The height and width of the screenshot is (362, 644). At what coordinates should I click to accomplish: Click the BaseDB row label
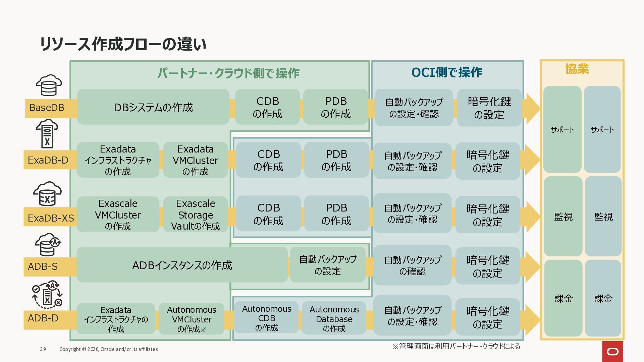pyautogui.click(x=47, y=108)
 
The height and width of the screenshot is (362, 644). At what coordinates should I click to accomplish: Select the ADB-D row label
pyautogui.click(x=43, y=318)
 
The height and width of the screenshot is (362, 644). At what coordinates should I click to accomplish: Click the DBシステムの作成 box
pyautogui.click(x=153, y=107)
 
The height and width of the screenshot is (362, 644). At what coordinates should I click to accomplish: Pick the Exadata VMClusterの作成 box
pyautogui.click(x=196, y=160)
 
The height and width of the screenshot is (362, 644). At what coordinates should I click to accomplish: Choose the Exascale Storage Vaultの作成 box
pyautogui.click(x=196, y=215)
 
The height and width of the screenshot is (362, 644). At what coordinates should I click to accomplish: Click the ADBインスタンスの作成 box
pyautogui.click(x=182, y=265)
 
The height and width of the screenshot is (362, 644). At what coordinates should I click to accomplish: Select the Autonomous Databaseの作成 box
pyautogui.click(x=334, y=318)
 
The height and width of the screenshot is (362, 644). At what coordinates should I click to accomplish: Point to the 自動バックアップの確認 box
pyautogui.click(x=413, y=265)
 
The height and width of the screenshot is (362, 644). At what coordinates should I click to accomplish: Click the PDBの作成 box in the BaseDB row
pyautogui.click(x=336, y=107)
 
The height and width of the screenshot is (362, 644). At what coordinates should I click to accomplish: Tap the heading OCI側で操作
pyautogui.click(x=447, y=72)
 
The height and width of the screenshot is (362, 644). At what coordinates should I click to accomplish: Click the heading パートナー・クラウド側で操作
pyautogui.click(x=228, y=73)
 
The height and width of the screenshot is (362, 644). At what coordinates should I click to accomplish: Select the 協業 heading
pyautogui.click(x=577, y=69)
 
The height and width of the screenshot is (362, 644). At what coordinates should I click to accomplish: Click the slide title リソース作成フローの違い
pyautogui.click(x=123, y=44)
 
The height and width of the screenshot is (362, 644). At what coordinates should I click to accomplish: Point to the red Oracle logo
pyautogui.click(x=612, y=352)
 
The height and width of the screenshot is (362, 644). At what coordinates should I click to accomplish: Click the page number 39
pyautogui.click(x=43, y=349)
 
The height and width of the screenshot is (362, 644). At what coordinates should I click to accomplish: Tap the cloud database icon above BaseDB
pyautogui.click(x=49, y=85)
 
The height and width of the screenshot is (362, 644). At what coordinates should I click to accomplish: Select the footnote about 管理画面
pyautogui.click(x=456, y=346)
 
